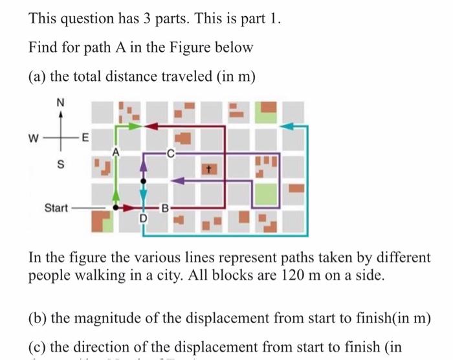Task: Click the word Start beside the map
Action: click(x=56, y=208)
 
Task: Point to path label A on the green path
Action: click(x=115, y=153)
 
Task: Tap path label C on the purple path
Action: click(x=170, y=154)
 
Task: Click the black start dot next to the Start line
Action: click(x=116, y=208)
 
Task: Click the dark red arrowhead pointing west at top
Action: click(x=154, y=127)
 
